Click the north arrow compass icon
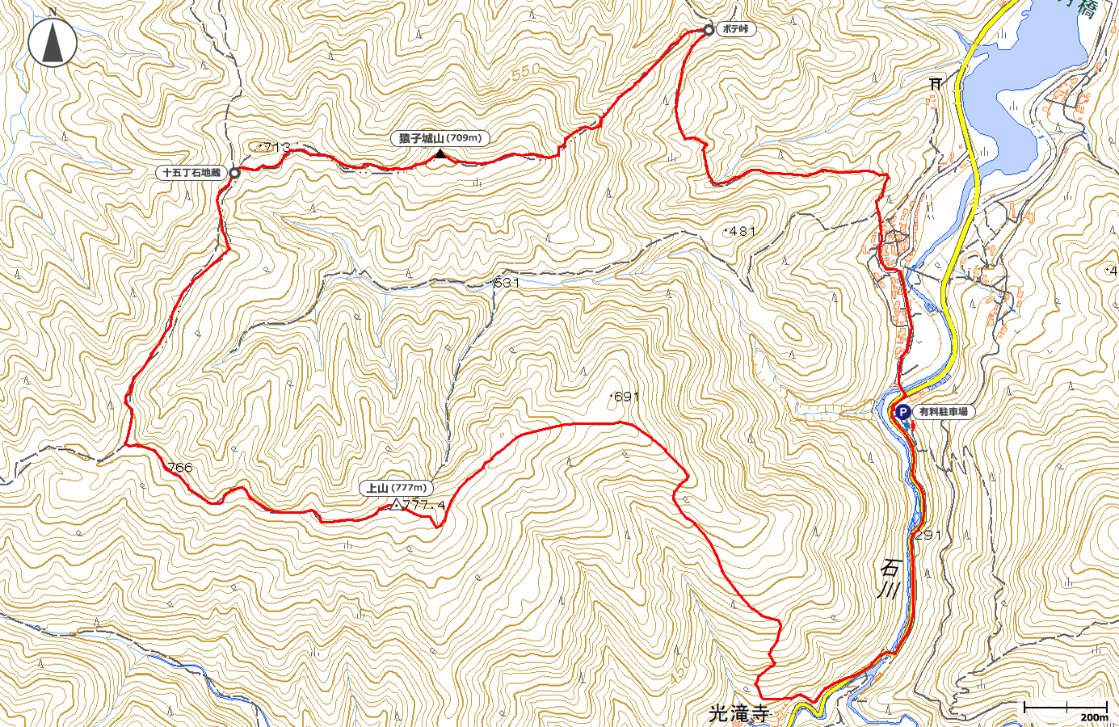[53, 43]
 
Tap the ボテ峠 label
[735, 29]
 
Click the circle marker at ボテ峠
[709, 30]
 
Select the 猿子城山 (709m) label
[440, 138]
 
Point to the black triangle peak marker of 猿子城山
[440, 153]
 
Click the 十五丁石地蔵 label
[191, 172]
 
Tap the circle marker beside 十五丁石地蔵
[234, 173]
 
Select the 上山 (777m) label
[396, 488]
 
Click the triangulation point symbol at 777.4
[396, 505]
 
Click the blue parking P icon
[902, 412]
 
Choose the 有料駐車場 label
[943, 412]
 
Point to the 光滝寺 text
[738, 713]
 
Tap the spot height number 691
[627, 397]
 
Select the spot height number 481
[742, 231]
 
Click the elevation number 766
[180, 468]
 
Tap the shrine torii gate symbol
[936, 82]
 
